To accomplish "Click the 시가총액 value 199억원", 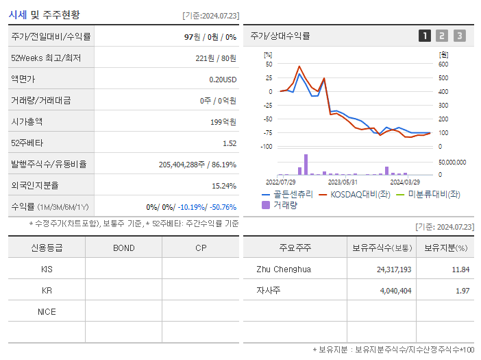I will [223, 121].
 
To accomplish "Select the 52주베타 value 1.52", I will [229, 143].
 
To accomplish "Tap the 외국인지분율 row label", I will [35, 185].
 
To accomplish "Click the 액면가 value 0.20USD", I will [223, 79].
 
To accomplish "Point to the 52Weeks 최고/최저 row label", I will [46, 58].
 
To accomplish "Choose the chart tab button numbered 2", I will [442, 36].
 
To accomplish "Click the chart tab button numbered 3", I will [459, 36].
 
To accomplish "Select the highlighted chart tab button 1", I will [425, 36].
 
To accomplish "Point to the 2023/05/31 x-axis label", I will [343, 182].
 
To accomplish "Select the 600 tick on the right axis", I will [443, 64].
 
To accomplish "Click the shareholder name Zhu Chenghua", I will [284, 269].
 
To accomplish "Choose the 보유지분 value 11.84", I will [460, 269].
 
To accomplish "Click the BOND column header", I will [123, 248].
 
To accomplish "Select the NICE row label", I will [47, 312].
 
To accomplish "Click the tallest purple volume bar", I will [306, 165].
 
